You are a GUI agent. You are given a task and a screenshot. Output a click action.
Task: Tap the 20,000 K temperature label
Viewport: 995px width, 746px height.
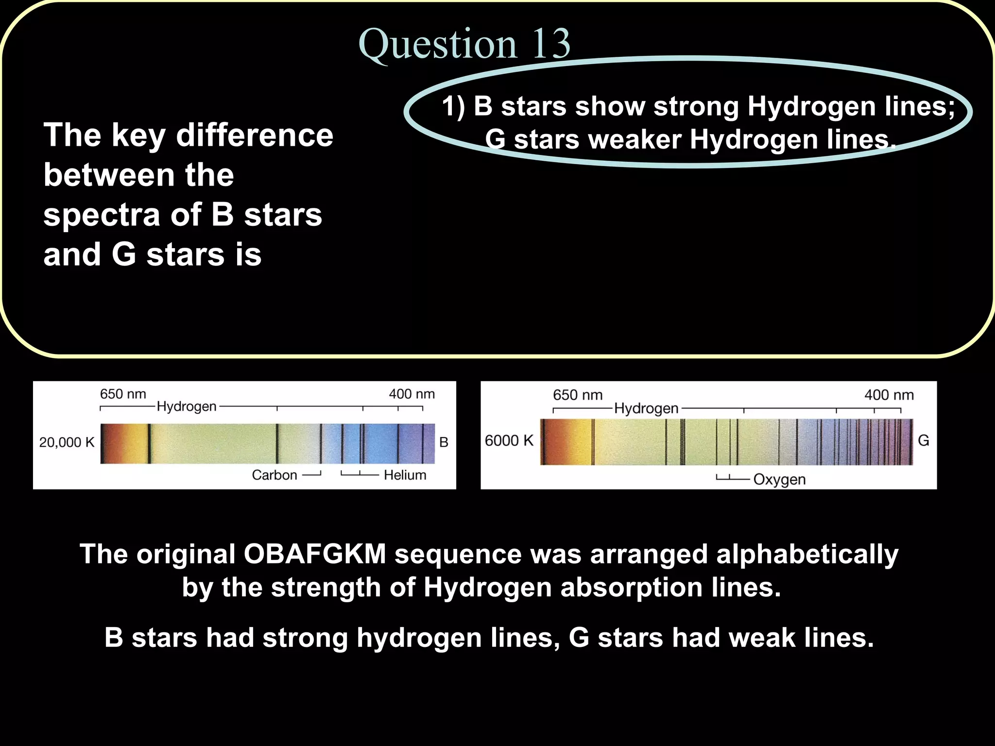point(67,442)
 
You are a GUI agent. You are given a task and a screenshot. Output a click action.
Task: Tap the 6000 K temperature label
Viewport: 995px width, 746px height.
point(509,441)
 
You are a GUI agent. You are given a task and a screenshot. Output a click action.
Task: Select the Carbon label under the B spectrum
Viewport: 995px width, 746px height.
point(274,475)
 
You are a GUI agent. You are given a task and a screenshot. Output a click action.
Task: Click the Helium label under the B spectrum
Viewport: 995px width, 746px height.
point(405,475)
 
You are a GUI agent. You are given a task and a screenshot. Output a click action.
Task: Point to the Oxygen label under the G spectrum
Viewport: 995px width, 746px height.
point(779,479)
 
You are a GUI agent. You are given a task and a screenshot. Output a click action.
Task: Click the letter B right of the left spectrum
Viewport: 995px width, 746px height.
point(444,442)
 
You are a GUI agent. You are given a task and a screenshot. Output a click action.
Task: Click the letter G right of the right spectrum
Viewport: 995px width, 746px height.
point(923,441)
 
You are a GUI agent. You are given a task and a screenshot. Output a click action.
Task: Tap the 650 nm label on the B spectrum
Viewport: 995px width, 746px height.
point(123,394)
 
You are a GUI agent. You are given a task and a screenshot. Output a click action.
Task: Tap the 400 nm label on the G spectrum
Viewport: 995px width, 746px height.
point(889,395)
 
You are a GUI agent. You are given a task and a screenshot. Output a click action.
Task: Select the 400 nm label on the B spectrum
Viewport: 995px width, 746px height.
point(412,394)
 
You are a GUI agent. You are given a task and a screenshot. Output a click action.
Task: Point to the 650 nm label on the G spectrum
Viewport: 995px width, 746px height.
point(577,395)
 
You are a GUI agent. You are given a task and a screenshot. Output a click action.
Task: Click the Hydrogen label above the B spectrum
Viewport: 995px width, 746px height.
point(187,406)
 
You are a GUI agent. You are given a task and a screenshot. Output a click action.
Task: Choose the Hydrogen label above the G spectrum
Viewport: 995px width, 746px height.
point(646,408)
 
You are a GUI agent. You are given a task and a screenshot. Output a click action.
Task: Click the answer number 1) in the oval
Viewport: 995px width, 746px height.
point(453,106)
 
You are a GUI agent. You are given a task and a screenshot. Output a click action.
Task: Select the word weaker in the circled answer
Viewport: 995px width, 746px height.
point(635,140)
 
